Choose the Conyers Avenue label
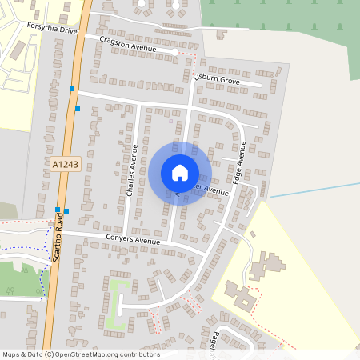tap(133, 240)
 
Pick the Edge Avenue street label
tap(238, 166)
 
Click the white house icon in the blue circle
tap(180, 172)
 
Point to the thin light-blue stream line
tap(312, 190)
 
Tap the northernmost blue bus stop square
tap(72, 89)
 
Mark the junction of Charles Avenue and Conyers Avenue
tap(126, 239)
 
